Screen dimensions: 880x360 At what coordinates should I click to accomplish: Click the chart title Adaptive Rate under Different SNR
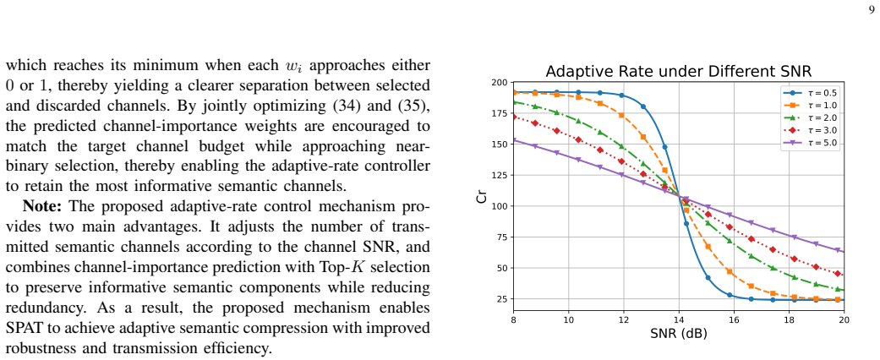coord(679,72)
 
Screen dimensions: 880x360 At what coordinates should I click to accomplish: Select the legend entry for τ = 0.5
coord(811,92)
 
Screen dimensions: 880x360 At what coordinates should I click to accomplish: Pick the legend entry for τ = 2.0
coord(811,117)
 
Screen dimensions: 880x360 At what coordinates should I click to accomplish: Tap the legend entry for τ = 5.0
coord(811,143)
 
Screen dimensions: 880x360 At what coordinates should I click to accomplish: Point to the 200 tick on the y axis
coord(500,83)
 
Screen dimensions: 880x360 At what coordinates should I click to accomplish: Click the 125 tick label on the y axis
coord(500,176)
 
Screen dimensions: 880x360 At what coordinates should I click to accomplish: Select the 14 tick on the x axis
coord(679,319)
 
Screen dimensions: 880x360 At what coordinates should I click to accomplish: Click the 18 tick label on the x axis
coord(789,319)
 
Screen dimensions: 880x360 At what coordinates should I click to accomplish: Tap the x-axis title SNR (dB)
coord(679,334)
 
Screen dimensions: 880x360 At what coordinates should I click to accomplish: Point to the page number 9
coord(872,9)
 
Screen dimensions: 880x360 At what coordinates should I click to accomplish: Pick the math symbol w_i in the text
coord(294,66)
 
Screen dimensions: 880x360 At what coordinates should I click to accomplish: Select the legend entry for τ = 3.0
coord(811,131)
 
